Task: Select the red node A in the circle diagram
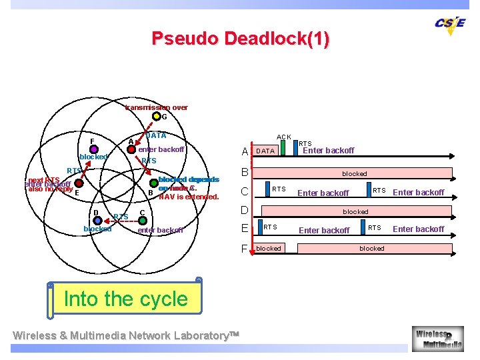[131, 149]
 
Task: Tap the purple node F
[95, 149]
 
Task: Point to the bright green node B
[154, 182]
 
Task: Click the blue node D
[98, 219]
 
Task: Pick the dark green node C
[135, 220]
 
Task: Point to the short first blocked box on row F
[269, 248]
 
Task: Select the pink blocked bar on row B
[354, 173]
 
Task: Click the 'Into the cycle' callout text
[125, 299]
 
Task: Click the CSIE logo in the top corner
[450, 23]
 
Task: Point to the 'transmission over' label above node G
[157, 107]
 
